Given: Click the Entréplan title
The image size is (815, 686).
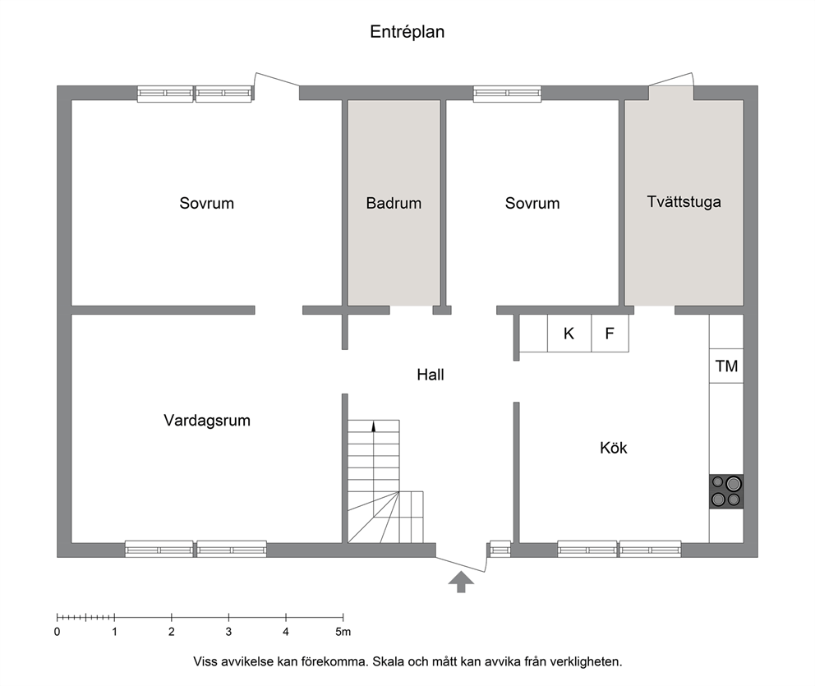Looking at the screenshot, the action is [x=407, y=32].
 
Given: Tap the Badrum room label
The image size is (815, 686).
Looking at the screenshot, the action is [x=394, y=203].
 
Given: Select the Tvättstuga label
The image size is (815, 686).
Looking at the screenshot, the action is [x=684, y=201].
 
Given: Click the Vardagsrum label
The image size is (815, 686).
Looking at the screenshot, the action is [x=207, y=420].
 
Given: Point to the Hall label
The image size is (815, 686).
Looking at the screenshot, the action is [x=431, y=375].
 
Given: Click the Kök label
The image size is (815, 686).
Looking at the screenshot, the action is [x=614, y=448].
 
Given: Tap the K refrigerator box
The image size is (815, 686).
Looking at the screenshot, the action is [x=569, y=333].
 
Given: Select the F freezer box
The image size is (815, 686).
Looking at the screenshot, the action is [x=610, y=333].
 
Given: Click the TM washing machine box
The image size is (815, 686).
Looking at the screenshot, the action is [x=726, y=366].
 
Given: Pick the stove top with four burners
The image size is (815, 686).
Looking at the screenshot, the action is [x=726, y=491].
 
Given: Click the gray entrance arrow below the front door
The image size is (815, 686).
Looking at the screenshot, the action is [x=461, y=582].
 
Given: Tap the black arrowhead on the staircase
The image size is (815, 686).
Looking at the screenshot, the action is [x=373, y=426].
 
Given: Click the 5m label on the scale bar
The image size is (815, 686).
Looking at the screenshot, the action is [x=343, y=632].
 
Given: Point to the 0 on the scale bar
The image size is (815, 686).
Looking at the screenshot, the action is [x=58, y=632].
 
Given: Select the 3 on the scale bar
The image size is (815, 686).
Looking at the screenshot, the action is [x=228, y=632].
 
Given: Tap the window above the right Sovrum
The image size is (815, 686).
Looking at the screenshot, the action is [x=507, y=94].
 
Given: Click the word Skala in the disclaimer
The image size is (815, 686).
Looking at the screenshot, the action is [x=388, y=662].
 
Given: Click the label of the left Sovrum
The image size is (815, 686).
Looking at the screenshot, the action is [x=207, y=203].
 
